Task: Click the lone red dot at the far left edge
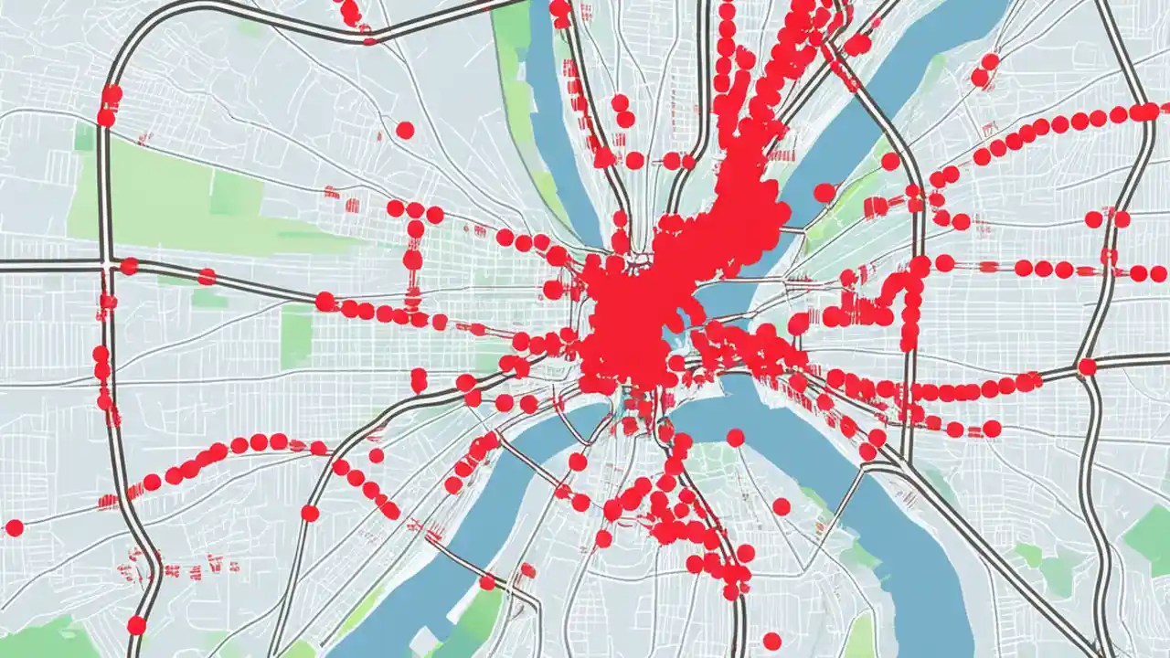(14, 527)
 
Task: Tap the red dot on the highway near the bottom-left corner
(136, 625)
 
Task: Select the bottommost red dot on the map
(772, 641)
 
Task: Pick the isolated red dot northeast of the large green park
(405, 130)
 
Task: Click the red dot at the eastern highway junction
(1087, 366)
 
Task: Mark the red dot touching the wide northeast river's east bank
(890, 162)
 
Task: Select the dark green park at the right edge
(1150, 539)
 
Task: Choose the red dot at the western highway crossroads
(129, 266)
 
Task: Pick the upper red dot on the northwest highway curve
(112, 94)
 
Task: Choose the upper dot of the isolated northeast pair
(990, 61)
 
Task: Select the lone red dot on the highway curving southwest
(310, 513)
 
